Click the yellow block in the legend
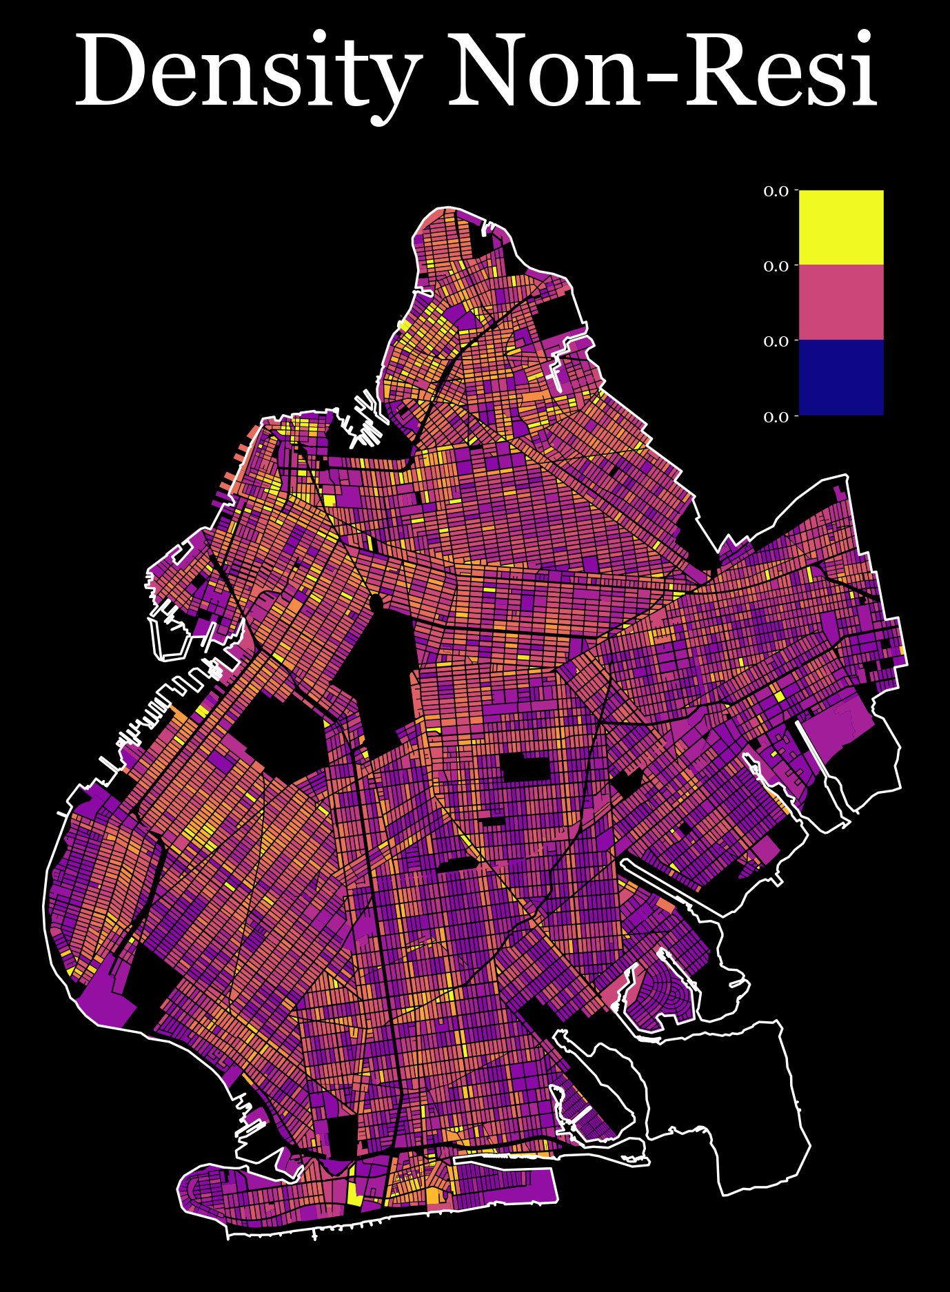pyautogui.click(x=840, y=227)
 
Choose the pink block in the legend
pyautogui.click(x=840, y=302)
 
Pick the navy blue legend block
pyautogui.click(x=840, y=377)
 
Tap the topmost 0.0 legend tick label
pyautogui.click(x=776, y=191)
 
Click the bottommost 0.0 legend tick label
pyautogui.click(x=776, y=416)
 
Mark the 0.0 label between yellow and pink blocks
pyautogui.click(x=776, y=266)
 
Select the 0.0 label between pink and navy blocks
pyautogui.click(x=776, y=341)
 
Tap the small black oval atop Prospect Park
pyautogui.click(x=376, y=603)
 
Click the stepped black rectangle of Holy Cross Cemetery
pyautogui.click(x=526, y=767)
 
